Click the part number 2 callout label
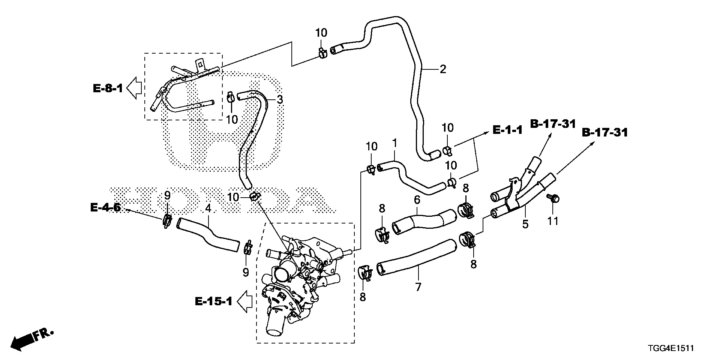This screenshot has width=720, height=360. click(x=442, y=69)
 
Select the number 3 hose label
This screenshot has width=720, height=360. click(x=280, y=100)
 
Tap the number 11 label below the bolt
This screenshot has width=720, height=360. click(x=553, y=221)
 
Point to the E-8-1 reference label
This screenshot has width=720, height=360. click(x=108, y=89)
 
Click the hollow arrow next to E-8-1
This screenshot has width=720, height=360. click(x=134, y=88)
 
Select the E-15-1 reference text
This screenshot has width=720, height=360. click(x=214, y=301)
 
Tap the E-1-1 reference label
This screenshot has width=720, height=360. click(x=507, y=130)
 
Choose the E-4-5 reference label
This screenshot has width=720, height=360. click(x=105, y=207)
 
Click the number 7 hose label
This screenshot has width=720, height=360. click(x=418, y=287)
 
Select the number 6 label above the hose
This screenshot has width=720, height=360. click(x=417, y=200)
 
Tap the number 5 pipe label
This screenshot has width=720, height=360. click(x=525, y=224)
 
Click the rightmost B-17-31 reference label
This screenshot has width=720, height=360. click(x=605, y=133)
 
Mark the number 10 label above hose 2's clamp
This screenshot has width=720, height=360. click(x=321, y=33)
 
